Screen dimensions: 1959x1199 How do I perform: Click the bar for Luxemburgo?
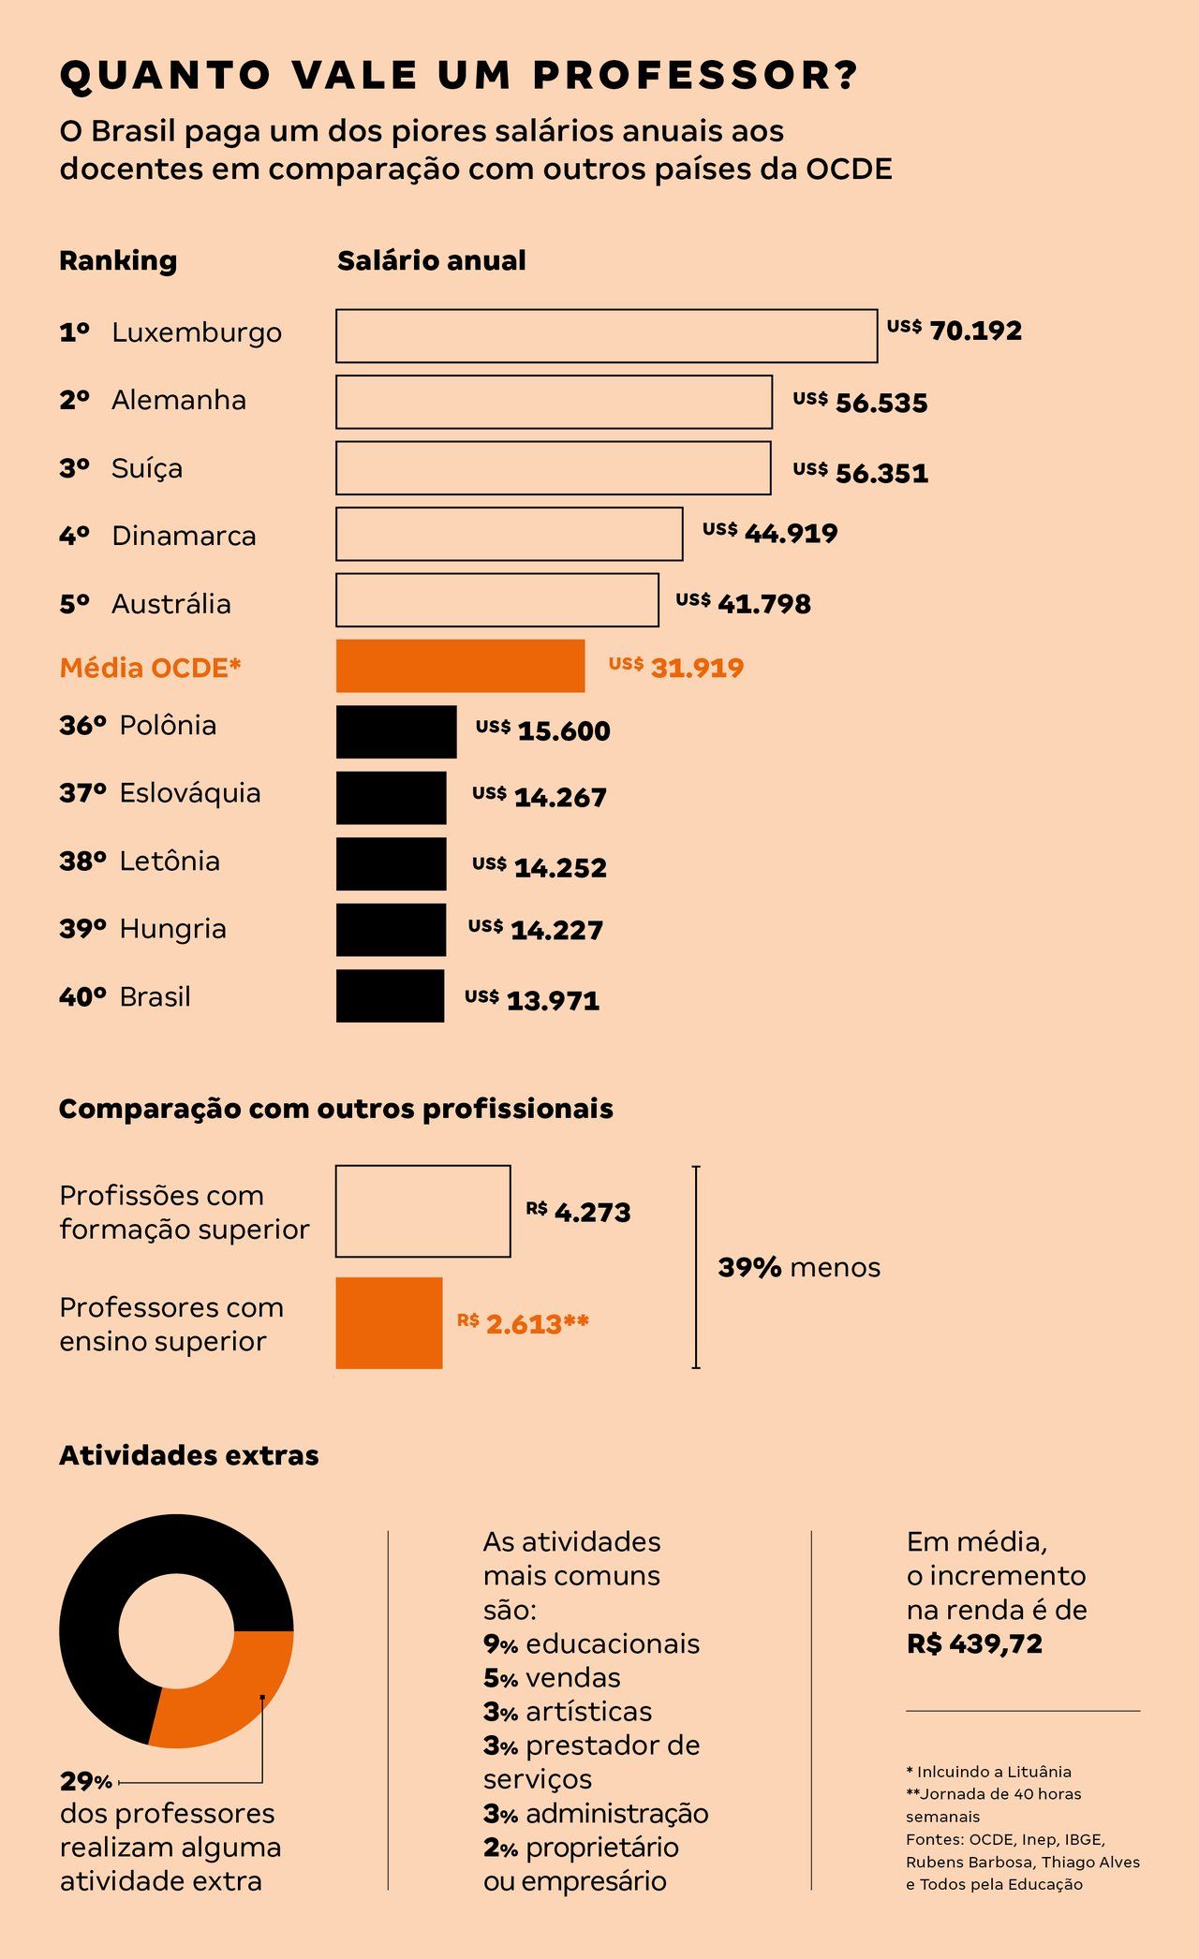tap(606, 335)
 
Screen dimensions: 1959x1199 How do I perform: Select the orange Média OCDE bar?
tap(460, 666)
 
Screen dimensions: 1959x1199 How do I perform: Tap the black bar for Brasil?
tap(390, 995)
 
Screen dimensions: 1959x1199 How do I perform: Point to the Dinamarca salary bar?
tap(509, 534)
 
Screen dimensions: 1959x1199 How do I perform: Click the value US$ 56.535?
tap(860, 402)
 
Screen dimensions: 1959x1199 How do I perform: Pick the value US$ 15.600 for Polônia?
tap(543, 730)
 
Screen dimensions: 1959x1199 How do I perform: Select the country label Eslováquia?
tap(189, 793)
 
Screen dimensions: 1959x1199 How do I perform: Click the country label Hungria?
tap(172, 928)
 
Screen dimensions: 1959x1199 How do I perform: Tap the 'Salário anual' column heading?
tap(431, 260)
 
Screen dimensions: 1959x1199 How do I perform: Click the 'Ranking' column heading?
tap(118, 260)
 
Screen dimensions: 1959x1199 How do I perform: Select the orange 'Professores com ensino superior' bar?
tap(389, 1322)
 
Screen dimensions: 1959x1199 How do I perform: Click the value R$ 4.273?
tap(578, 1212)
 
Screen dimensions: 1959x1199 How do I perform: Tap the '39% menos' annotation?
tap(799, 1267)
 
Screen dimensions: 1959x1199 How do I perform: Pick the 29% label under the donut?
tap(85, 1780)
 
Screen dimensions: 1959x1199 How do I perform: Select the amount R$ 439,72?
tap(974, 1643)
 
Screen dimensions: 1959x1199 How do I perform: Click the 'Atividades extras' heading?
tap(188, 1455)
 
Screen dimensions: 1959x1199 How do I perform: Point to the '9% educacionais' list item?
tap(591, 1643)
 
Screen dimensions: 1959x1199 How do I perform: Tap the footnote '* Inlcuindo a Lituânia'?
tap(988, 1771)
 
